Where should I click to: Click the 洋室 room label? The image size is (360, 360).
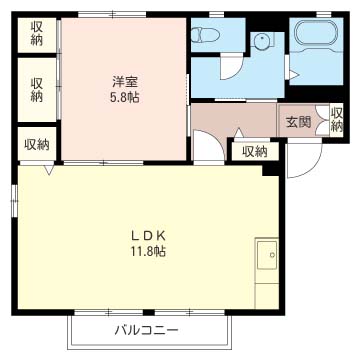click(x=125, y=82)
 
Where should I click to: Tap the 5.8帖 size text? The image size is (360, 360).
click(x=125, y=98)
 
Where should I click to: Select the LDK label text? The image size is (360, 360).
click(x=148, y=236)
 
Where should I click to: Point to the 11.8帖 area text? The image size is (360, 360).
click(x=148, y=252)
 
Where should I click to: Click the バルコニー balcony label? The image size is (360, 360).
click(x=147, y=331)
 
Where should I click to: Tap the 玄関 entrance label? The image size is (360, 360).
click(x=298, y=123)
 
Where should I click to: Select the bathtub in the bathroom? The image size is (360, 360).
click(x=316, y=33)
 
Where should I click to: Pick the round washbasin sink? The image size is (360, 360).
click(x=261, y=42)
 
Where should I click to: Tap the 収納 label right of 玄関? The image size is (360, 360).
click(x=337, y=120)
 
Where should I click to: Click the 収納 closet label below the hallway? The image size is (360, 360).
click(x=255, y=152)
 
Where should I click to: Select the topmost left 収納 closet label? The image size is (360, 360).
click(x=37, y=33)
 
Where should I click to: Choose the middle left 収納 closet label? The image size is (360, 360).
click(x=37, y=90)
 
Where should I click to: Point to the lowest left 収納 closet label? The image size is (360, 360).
click(x=37, y=145)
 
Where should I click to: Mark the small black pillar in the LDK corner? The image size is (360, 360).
click(x=271, y=171)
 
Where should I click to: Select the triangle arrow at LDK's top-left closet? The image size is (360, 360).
click(x=49, y=170)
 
